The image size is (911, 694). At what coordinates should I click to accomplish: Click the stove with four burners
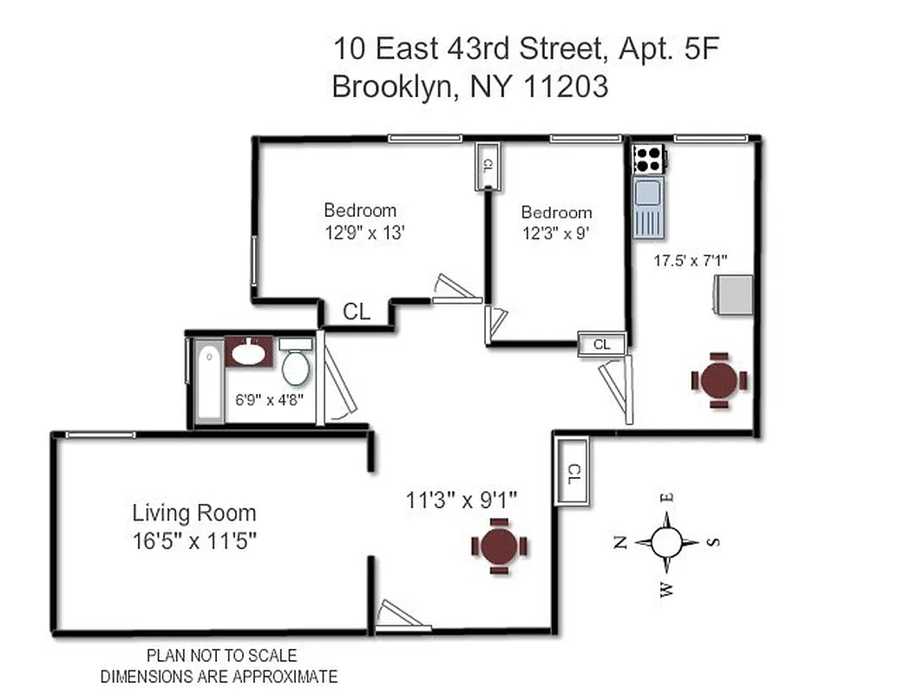coord(649,158)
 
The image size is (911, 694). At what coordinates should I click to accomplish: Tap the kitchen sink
coord(649,206)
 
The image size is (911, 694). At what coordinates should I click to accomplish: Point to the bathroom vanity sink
coord(249,351)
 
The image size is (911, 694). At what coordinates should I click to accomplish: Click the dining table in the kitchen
coord(719,380)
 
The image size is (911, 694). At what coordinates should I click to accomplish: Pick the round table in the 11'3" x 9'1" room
coord(499,547)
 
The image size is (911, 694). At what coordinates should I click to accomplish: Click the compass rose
coord(666,542)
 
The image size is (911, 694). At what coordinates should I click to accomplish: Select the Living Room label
coord(193,512)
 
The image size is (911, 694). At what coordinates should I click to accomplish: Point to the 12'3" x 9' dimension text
coord(556,233)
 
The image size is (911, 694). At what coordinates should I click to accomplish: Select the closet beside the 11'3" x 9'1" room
coord(573,473)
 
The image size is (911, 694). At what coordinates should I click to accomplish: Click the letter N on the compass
coord(619,543)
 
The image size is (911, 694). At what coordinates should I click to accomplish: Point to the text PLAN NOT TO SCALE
coord(221,656)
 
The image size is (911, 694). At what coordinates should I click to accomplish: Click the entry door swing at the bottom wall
coord(401,617)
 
